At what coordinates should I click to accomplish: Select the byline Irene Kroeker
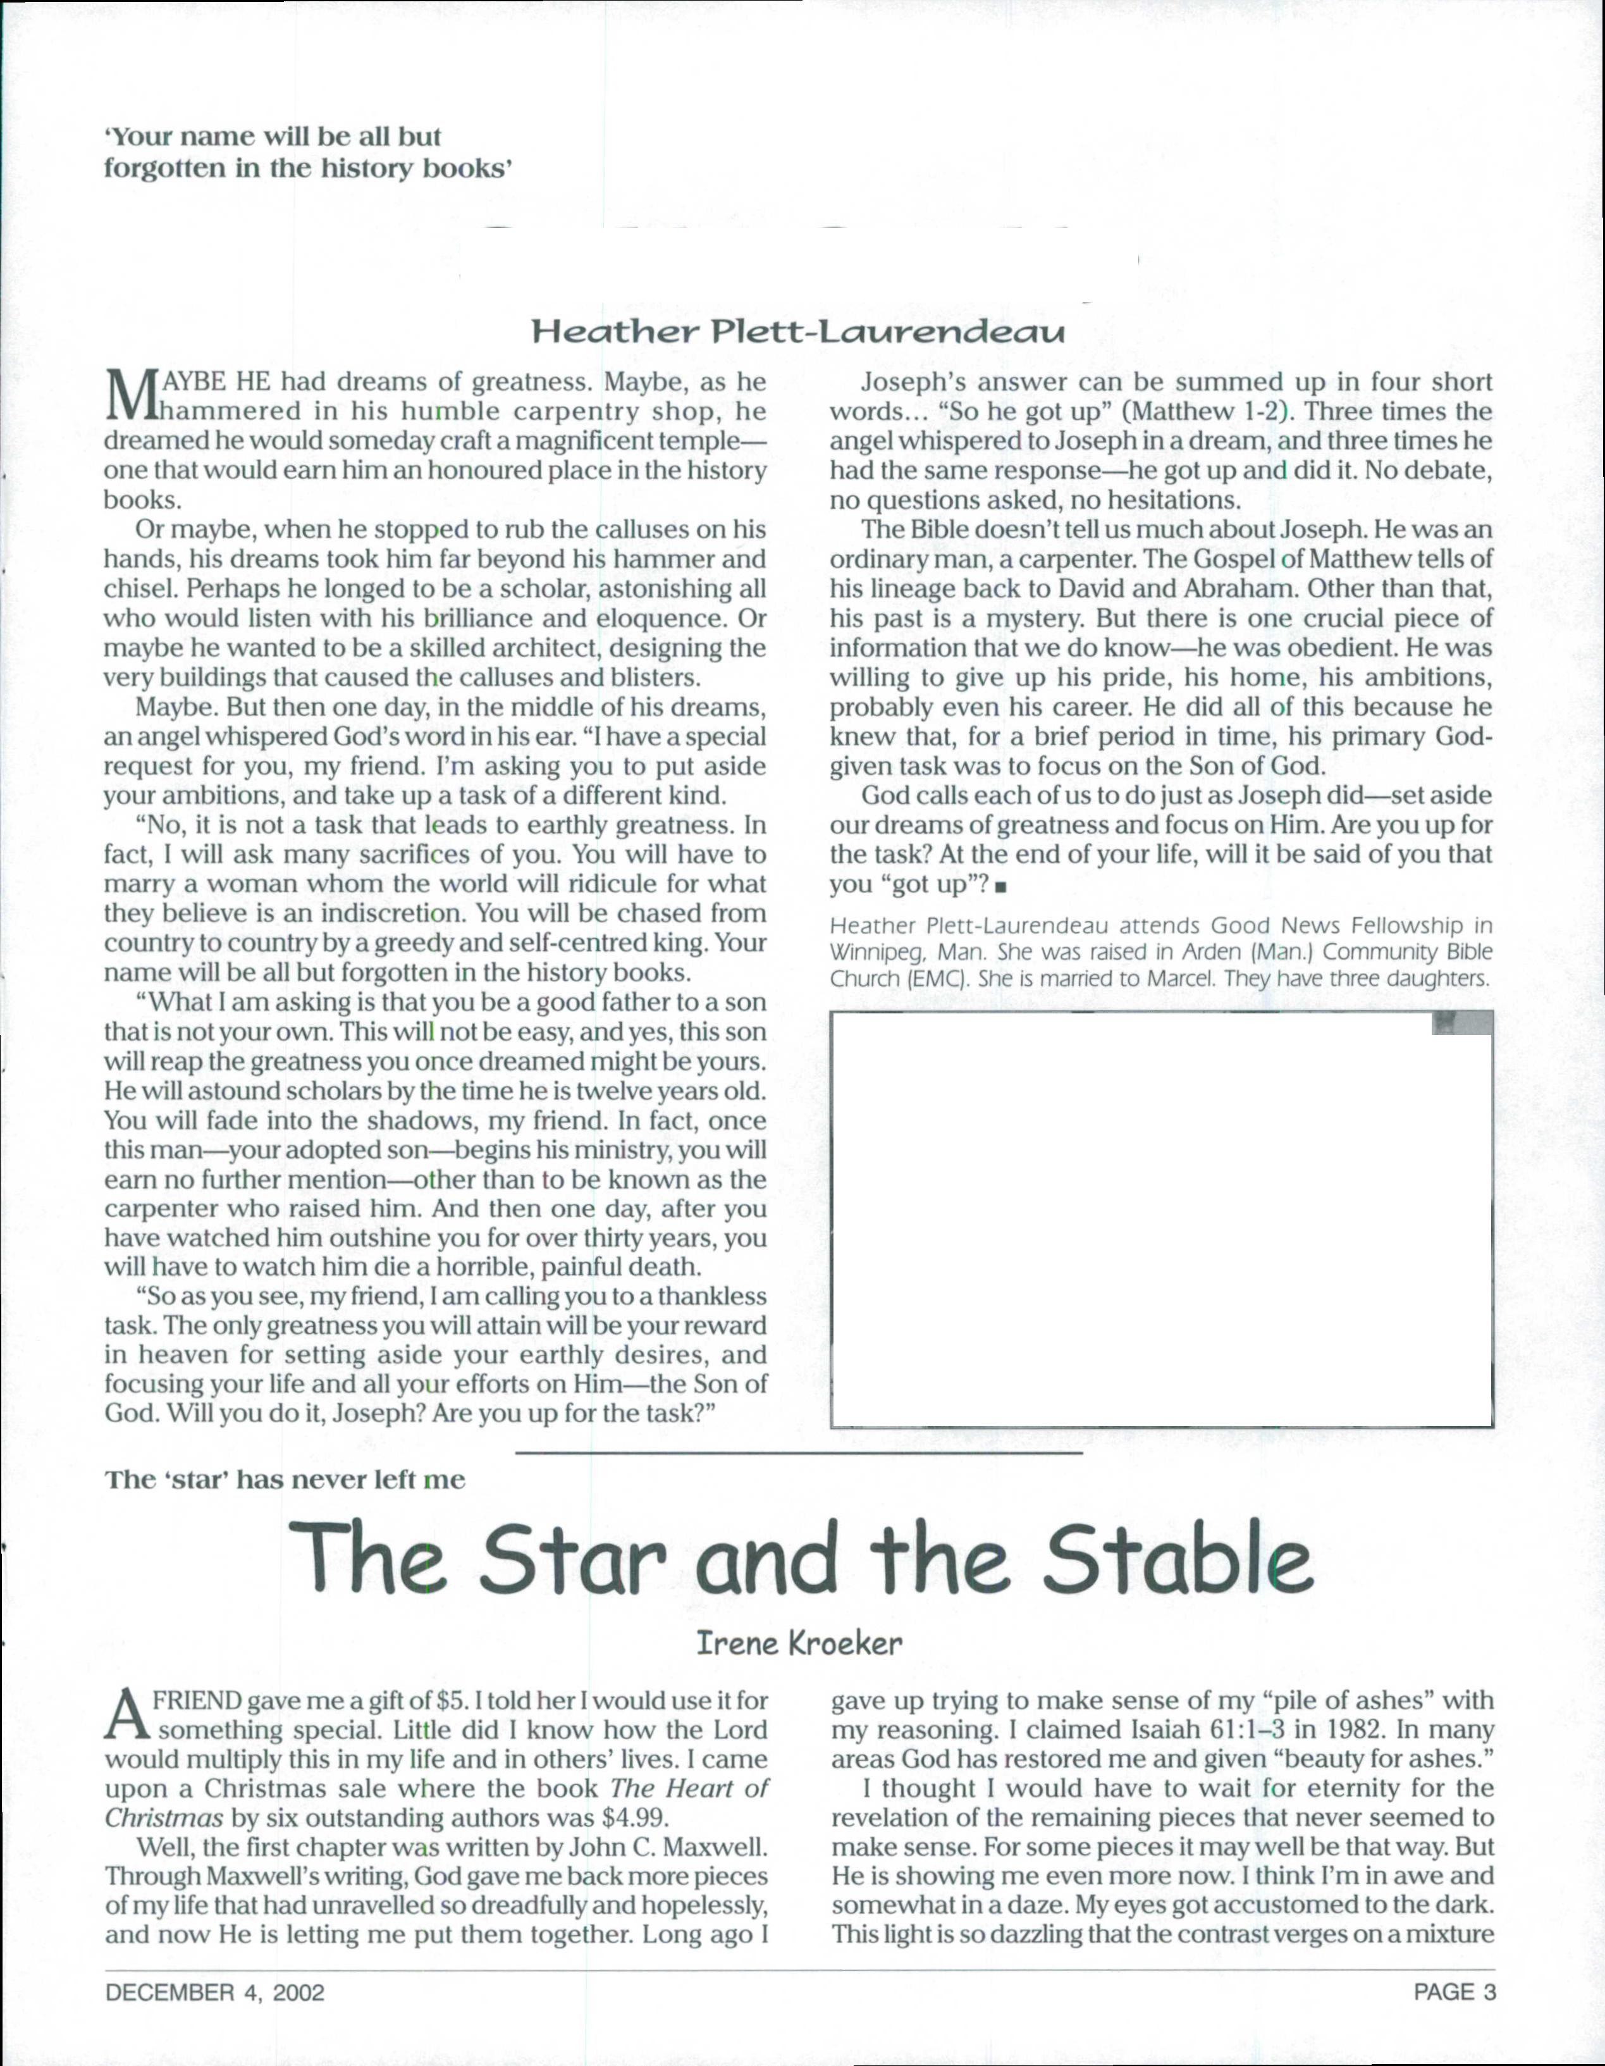(x=799, y=1644)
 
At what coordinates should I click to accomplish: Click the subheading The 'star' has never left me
(x=285, y=1480)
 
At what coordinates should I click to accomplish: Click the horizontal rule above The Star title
(x=799, y=1451)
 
